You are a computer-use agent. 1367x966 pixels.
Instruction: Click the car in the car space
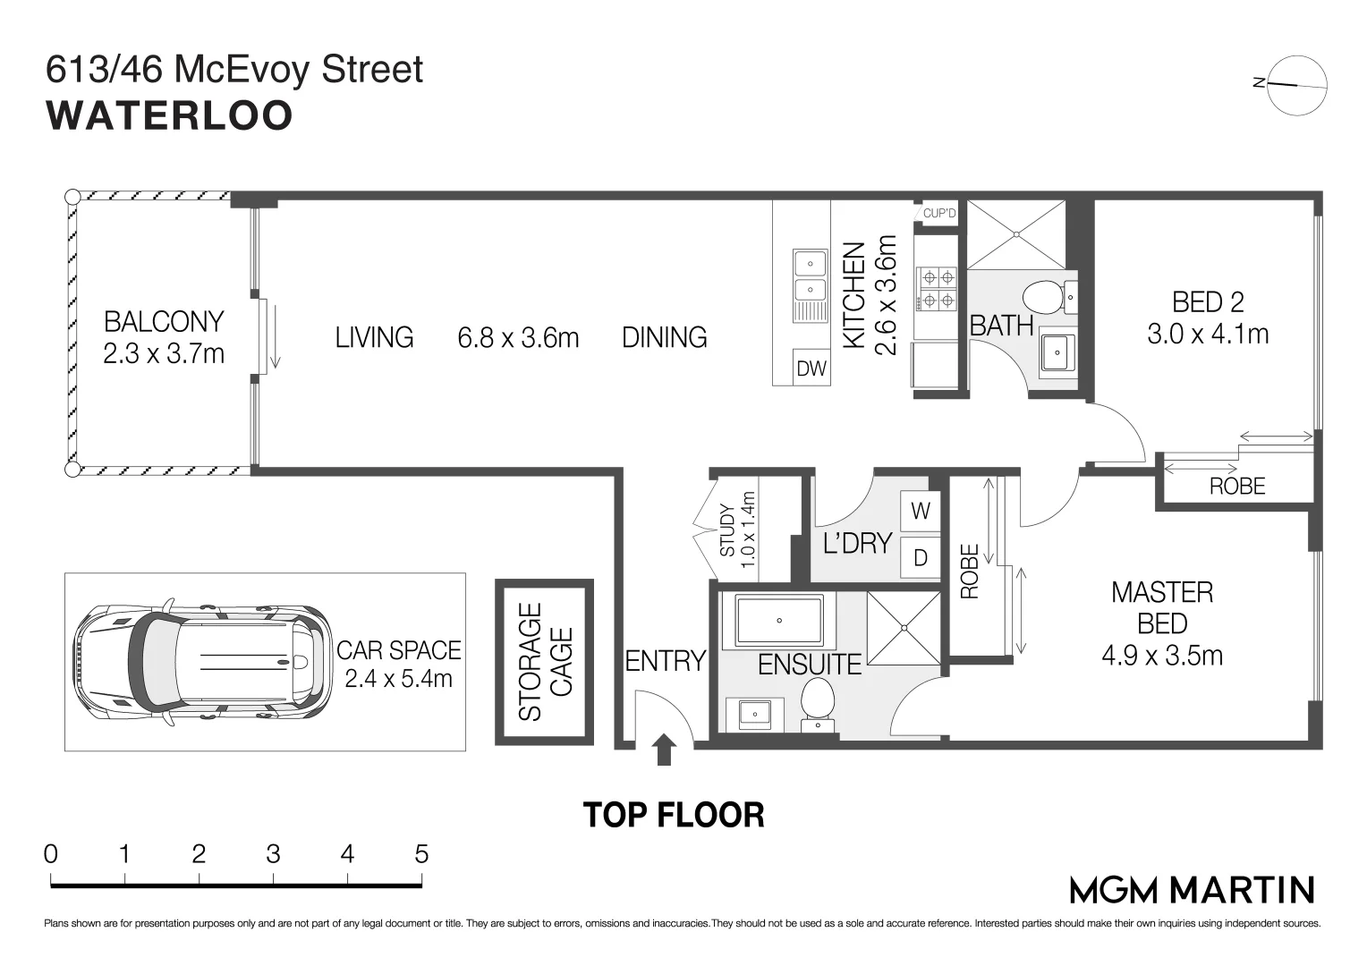(202, 662)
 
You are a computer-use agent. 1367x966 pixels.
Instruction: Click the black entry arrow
(663, 750)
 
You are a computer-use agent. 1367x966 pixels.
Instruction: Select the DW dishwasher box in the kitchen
(811, 368)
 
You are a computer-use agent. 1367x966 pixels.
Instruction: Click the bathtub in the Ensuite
(779, 621)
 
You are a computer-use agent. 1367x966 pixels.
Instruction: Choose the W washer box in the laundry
(921, 511)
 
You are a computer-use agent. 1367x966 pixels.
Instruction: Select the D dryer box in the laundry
(921, 557)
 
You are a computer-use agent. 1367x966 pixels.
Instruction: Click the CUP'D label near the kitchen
(939, 213)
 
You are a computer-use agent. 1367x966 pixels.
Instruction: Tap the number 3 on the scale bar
(273, 853)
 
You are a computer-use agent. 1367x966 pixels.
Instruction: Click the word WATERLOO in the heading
(170, 115)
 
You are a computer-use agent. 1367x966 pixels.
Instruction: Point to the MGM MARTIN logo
(1192, 890)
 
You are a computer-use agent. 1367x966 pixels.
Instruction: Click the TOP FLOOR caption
(674, 815)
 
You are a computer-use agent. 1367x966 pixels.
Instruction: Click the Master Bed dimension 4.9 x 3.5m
(1162, 656)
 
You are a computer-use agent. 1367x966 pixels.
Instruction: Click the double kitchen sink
(811, 285)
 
